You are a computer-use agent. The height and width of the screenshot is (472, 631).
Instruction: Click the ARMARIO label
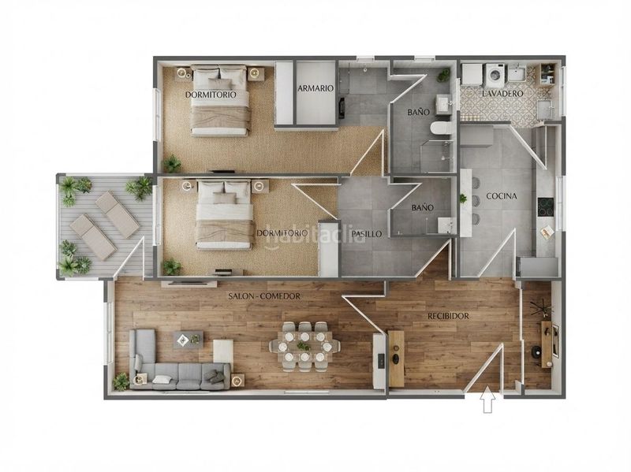tap(316, 88)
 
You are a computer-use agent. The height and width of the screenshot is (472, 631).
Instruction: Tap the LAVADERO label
tap(502, 94)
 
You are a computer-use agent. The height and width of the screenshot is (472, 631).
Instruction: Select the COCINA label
tap(502, 196)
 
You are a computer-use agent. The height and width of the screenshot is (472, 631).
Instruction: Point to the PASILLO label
tap(367, 233)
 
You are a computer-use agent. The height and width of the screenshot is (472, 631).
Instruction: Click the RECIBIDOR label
tap(448, 316)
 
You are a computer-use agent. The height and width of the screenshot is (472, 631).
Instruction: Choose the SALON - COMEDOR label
tap(264, 296)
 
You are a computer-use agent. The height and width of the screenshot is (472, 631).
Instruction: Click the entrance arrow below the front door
tap(487, 399)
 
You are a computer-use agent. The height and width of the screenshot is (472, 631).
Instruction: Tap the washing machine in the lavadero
tap(494, 75)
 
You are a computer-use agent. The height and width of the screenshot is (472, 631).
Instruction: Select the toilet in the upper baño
tap(442, 128)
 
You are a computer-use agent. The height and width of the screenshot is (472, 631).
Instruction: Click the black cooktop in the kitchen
tap(546, 207)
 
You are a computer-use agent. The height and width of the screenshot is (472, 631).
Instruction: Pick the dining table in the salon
tap(304, 346)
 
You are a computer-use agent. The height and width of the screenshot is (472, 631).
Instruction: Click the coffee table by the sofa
tap(188, 340)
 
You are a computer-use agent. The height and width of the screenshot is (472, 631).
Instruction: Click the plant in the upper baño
tap(444, 74)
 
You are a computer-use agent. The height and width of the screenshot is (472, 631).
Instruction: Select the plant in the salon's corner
tap(121, 381)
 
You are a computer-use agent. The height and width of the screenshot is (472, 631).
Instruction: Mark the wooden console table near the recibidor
tap(397, 359)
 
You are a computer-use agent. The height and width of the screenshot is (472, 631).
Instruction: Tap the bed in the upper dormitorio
tap(219, 100)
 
